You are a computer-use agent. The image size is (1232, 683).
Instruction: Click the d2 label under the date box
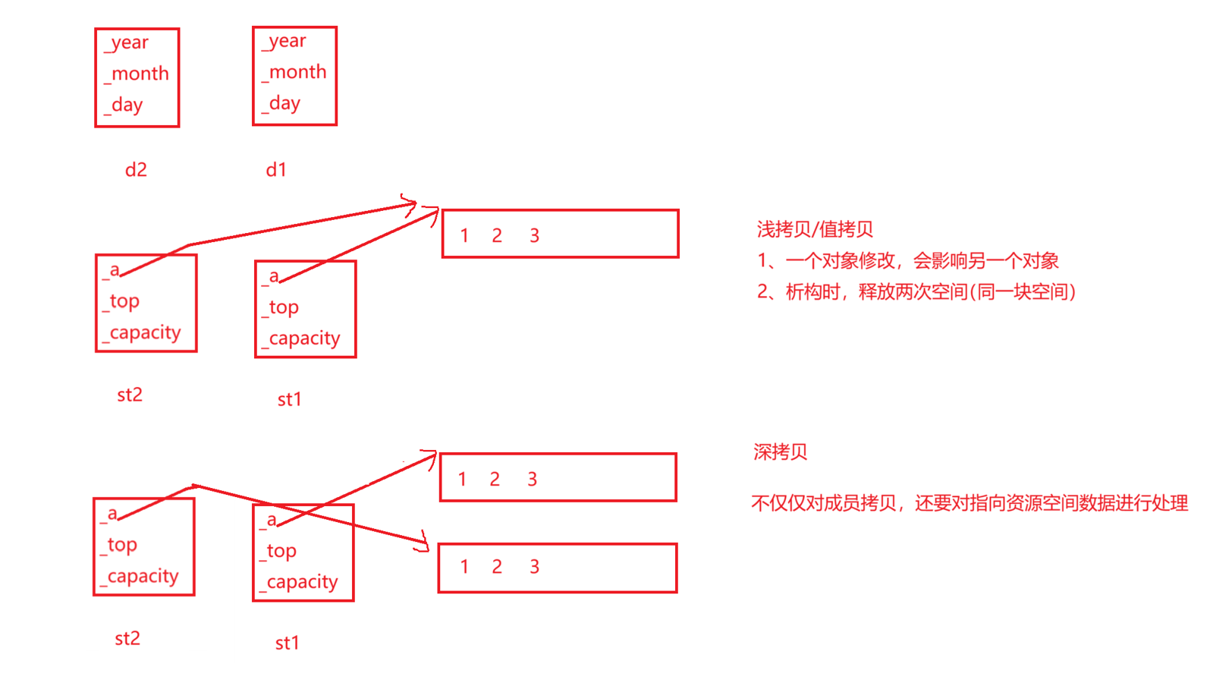pos(136,170)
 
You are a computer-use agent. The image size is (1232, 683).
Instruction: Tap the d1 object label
pos(276,170)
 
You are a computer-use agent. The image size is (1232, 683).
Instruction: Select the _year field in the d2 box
pos(127,43)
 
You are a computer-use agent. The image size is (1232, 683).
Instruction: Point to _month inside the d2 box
pos(137,74)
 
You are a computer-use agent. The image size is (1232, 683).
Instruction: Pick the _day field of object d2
pos(124,105)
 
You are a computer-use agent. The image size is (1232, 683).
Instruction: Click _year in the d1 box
pos(284,42)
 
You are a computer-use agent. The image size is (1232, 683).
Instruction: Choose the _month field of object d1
pos(294,73)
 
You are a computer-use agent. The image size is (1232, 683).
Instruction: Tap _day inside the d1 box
pos(281,104)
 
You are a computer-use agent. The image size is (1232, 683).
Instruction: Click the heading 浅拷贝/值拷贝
pos(815,229)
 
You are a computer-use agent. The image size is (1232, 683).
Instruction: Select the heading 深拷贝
pos(780,452)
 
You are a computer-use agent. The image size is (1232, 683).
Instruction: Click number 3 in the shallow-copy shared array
pos(534,236)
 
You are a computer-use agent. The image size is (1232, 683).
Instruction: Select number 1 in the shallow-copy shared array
pos(464,236)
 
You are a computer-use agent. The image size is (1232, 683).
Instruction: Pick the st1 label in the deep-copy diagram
pos(287,644)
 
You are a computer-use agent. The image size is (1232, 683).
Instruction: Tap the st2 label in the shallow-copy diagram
pos(130,395)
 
